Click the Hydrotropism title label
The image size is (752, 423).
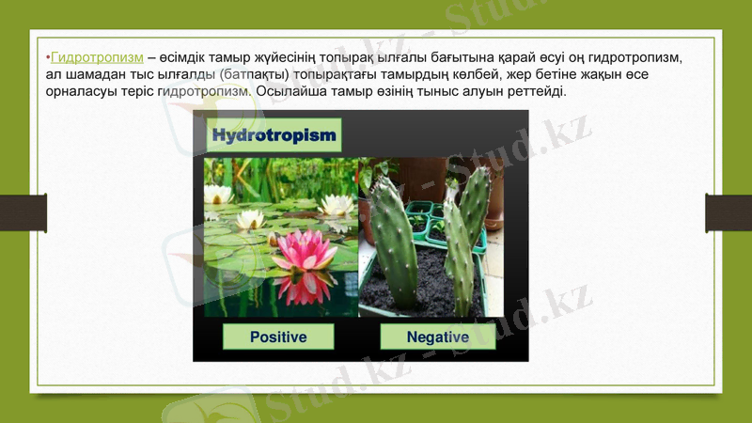pos(274,136)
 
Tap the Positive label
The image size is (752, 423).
pos(278,337)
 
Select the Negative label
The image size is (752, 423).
pos(437,337)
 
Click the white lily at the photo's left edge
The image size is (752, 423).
pos(218,195)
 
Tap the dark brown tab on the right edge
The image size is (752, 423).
pos(728,212)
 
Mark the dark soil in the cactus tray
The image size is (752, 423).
pos(419,282)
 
